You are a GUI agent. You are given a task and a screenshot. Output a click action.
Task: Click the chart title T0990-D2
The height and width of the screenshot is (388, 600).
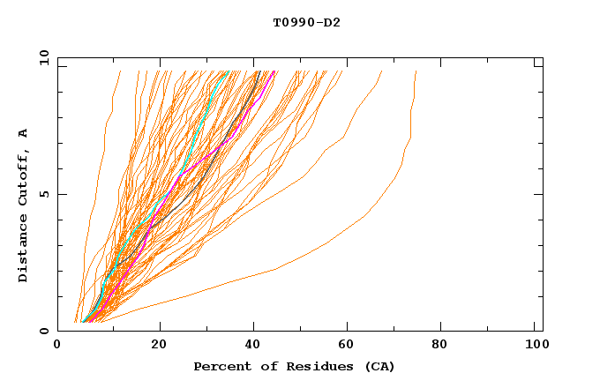[306, 22]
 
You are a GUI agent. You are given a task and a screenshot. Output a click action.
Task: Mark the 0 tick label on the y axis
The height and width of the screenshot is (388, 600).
[43, 331]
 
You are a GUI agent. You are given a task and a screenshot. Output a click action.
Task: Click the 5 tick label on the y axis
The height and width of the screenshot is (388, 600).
[43, 194]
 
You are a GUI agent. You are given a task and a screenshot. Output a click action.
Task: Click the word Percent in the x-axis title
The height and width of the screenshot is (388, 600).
[217, 366]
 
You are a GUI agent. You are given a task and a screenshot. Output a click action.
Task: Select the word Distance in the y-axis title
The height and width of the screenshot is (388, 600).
[24, 250]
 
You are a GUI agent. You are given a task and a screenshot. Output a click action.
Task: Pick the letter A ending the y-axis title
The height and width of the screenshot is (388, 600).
[24, 133]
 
